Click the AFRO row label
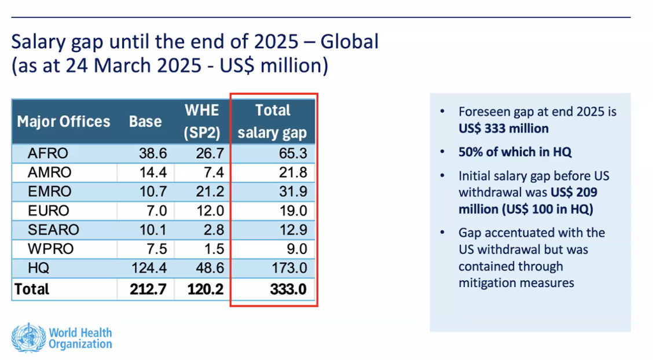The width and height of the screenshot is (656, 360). (47, 153)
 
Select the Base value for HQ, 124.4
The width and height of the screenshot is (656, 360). (149, 268)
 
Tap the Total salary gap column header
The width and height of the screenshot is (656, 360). (272, 122)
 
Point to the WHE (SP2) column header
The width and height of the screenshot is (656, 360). (202, 122)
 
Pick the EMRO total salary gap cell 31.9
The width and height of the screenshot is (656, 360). (293, 192)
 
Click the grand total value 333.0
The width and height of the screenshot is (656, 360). (288, 289)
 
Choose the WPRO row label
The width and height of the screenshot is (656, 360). (50, 249)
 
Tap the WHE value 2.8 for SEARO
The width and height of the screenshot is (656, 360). (214, 230)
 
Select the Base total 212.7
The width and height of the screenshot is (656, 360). (148, 289)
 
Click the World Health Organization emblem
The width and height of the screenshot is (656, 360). (28, 337)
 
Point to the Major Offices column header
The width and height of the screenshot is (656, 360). (64, 122)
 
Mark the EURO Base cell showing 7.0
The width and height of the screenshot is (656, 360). (157, 211)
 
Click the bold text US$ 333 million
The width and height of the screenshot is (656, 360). (503, 128)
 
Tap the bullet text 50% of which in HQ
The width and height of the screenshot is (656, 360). (515, 152)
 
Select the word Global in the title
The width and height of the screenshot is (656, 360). (349, 42)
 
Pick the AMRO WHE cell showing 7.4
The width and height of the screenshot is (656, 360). (214, 172)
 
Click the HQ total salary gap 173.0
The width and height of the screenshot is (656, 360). (289, 268)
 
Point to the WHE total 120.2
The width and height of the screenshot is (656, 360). (206, 289)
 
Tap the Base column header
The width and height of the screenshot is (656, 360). (145, 122)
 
